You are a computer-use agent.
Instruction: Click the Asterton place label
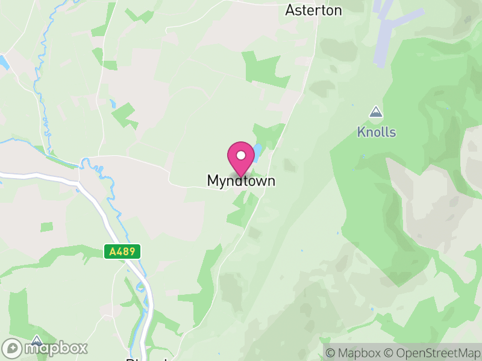pyautogui.click(x=313, y=10)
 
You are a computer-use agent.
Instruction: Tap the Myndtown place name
pyautogui.click(x=241, y=180)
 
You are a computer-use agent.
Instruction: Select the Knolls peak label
pyautogui.click(x=377, y=132)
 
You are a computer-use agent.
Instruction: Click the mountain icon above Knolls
pyautogui.click(x=376, y=112)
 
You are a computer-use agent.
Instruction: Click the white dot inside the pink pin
pyautogui.click(x=241, y=155)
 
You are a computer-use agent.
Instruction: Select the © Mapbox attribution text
pyautogui.click(x=354, y=353)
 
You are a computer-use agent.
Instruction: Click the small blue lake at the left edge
pyautogui.click(x=4, y=62)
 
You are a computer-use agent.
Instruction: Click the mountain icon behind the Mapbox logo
pyautogui.click(x=36, y=340)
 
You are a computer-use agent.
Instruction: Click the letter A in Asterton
pyautogui.click(x=290, y=10)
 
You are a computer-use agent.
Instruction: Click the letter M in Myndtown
pyautogui.click(x=213, y=180)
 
